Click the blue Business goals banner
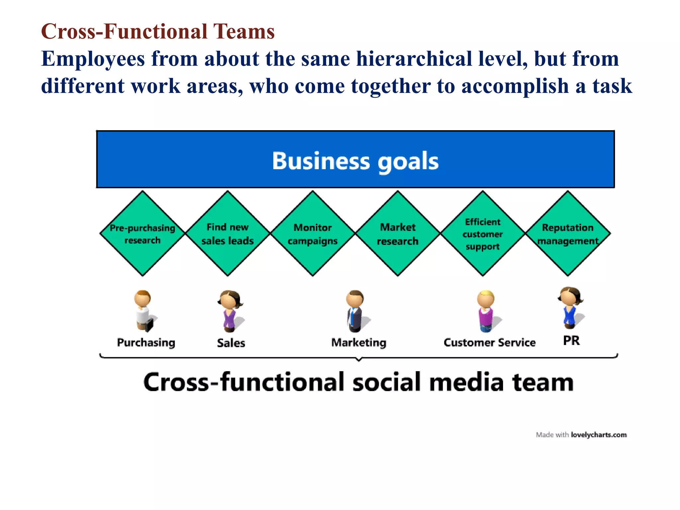click(355, 159)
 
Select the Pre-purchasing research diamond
click(142, 233)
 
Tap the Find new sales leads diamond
click(227, 233)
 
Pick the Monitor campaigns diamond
click(312, 233)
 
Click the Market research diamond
click(397, 233)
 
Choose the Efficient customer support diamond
click(482, 233)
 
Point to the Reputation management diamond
click(568, 233)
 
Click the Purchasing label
click(146, 342)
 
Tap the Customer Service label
click(489, 342)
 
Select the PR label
click(571, 340)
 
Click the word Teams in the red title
click(244, 32)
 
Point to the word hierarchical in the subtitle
click(414, 59)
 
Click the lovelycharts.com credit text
click(598, 435)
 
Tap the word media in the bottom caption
click(467, 382)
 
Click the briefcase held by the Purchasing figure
click(150, 325)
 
